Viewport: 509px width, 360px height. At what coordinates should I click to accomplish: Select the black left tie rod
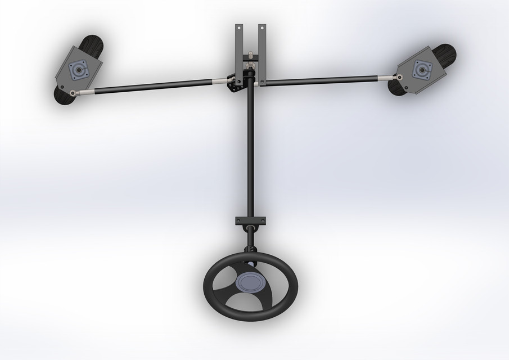click(x=152, y=86)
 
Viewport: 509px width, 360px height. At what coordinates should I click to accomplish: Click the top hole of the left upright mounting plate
click(x=239, y=27)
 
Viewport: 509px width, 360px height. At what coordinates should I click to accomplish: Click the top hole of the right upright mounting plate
click(x=262, y=27)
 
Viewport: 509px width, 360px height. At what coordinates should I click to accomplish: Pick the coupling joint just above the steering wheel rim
click(x=250, y=249)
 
